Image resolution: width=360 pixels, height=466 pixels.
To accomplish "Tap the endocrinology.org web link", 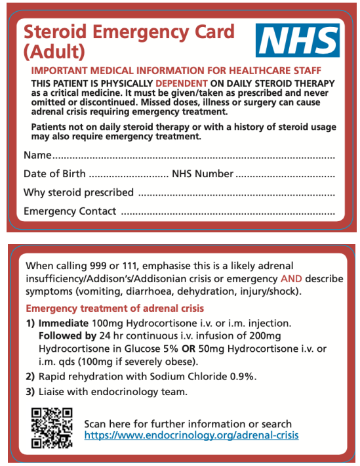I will [191, 435].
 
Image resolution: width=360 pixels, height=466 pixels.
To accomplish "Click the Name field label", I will [37, 156].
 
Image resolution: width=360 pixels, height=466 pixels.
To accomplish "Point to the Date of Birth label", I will [54, 174].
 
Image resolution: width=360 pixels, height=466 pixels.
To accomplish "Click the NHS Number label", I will [202, 174].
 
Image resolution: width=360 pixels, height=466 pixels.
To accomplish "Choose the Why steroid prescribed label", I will [78, 192].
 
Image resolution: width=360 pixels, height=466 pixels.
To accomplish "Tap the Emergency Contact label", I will [70, 211].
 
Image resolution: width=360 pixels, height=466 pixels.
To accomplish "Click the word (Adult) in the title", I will [54, 49].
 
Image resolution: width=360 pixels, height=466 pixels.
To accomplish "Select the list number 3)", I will [30, 392].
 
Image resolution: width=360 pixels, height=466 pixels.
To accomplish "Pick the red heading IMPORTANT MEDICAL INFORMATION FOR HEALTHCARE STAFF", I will [167, 70].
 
